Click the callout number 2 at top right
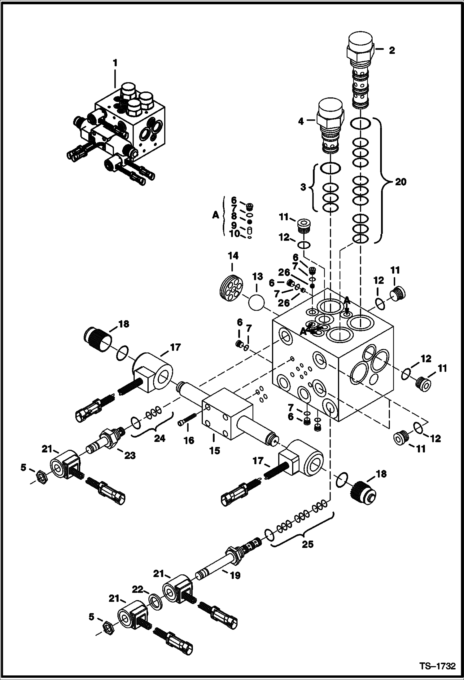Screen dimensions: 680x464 coord(392,50)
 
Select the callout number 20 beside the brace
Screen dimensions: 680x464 coord(400,182)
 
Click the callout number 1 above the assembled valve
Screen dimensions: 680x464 coord(115,63)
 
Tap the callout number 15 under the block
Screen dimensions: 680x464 coord(214,450)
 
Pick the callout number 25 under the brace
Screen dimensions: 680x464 coord(307,544)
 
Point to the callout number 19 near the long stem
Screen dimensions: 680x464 coord(235,576)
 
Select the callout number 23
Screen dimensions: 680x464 coord(130,455)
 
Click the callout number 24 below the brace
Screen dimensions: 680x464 coord(160,438)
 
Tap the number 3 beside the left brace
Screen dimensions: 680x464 coord(303,187)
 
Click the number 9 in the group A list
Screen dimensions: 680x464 coord(234,224)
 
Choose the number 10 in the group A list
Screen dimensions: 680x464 coord(234,234)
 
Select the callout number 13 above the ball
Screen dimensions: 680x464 coord(258,276)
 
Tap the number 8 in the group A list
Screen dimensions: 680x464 coord(234,216)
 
